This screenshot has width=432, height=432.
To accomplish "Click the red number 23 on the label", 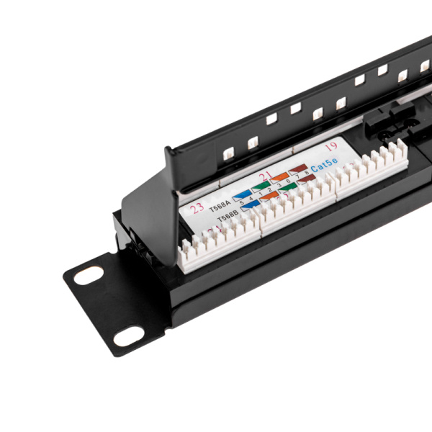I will [197, 208].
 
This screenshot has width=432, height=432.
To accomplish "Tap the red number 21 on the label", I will [265, 176].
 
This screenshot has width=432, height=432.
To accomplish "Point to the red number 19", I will [331, 147].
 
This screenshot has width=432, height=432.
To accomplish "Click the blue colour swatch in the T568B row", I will [249, 207].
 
